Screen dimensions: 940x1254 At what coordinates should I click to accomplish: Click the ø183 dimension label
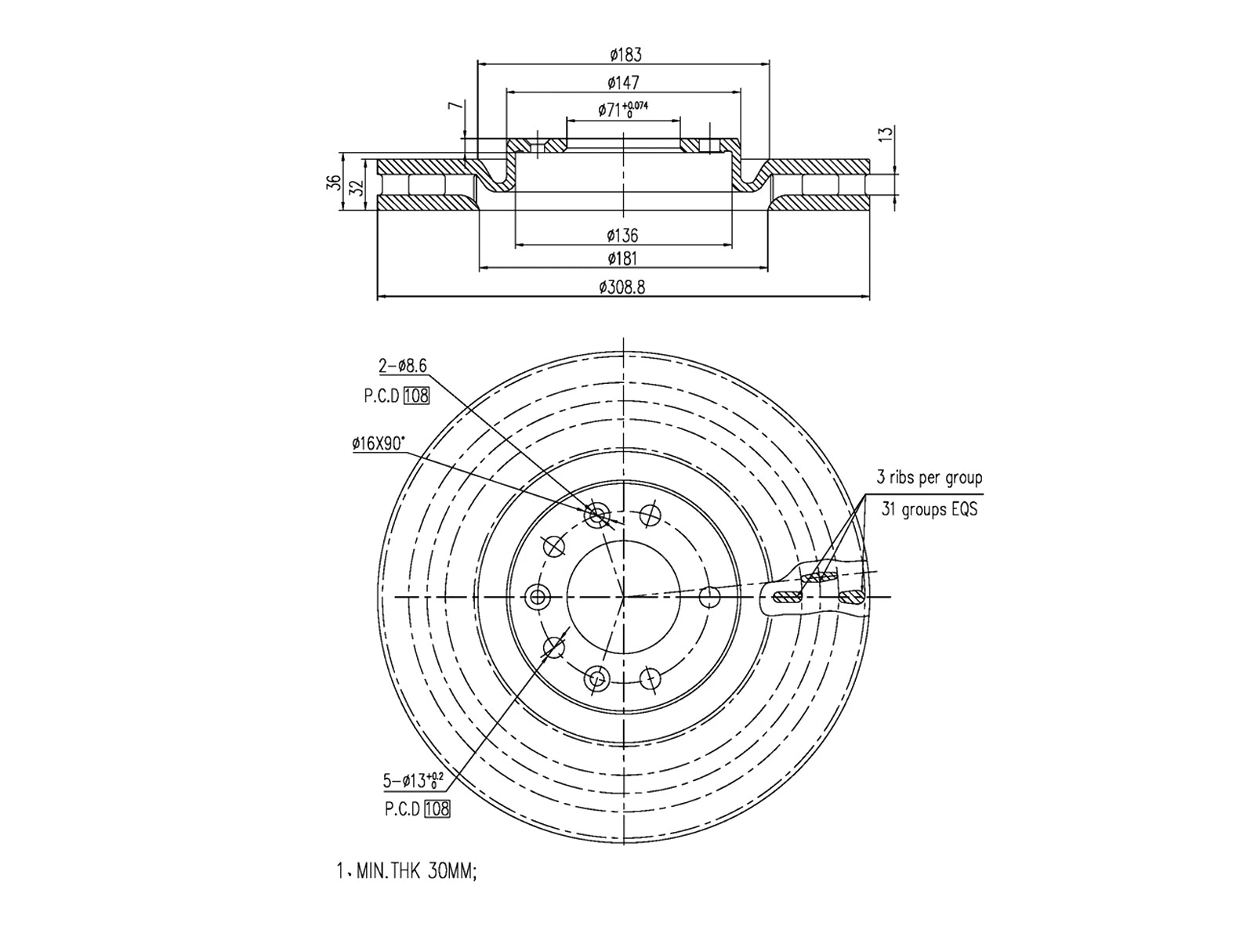pyautogui.click(x=625, y=55)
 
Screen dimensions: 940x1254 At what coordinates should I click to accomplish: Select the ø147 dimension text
pyautogui.click(x=624, y=82)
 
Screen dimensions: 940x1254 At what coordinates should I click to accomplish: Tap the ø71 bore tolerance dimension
pyautogui.click(x=623, y=110)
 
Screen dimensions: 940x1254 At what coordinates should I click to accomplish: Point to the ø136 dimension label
pyautogui.click(x=623, y=235)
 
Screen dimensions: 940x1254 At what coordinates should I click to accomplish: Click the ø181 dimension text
pyautogui.click(x=623, y=259)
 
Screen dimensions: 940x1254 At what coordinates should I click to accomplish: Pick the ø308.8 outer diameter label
pyautogui.click(x=622, y=287)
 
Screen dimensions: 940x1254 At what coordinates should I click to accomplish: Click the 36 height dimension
pyautogui.click(x=334, y=182)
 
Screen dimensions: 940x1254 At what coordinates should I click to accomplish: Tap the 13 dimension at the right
pyautogui.click(x=886, y=134)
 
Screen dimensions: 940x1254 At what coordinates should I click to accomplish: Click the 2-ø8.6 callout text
pyautogui.click(x=403, y=366)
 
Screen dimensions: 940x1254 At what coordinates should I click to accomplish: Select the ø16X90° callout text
pyautogui.click(x=379, y=444)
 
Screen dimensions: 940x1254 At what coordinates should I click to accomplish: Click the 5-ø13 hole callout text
pyautogui.click(x=413, y=780)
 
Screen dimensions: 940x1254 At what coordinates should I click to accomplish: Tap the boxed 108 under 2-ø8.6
pyautogui.click(x=416, y=396)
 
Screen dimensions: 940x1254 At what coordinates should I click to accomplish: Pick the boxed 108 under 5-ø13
pyautogui.click(x=437, y=809)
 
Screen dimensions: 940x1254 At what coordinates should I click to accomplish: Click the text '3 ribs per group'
pyautogui.click(x=929, y=478)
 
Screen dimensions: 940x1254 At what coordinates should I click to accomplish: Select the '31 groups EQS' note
pyautogui.click(x=929, y=509)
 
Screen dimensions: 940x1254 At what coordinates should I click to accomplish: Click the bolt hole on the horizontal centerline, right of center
pyautogui.click(x=709, y=598)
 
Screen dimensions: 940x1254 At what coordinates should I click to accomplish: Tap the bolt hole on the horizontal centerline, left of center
pyautogui.click(x=538, y=598)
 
